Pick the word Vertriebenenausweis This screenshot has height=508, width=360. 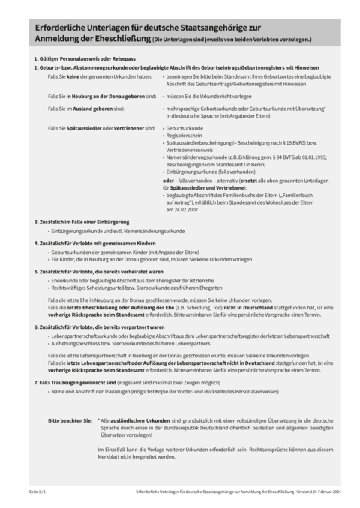pyautogui.click(x=190, y=150)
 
